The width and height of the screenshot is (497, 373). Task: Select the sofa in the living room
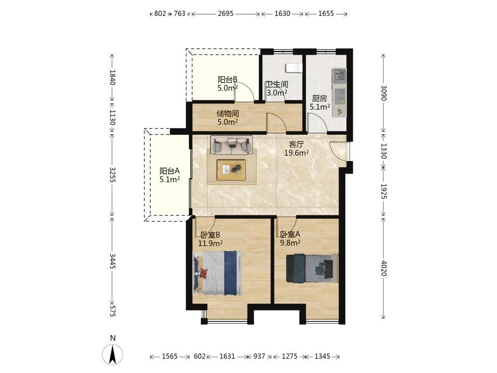tap(232, 145)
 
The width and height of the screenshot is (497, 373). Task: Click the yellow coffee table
tap(231, 170)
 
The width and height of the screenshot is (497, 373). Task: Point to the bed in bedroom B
tap(218, 273)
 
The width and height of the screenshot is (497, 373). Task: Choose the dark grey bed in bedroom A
tap(312, 268)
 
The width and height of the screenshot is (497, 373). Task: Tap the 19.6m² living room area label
tap(296, 153)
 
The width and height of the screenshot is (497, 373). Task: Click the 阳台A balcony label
tap(169, 171)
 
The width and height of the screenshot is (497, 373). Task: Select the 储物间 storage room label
tap(228, 113)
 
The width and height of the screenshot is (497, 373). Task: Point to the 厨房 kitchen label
tap(320, 98)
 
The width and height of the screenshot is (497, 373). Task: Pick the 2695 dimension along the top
tap(226, 13)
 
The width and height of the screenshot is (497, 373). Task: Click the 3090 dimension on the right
tap(384, 93)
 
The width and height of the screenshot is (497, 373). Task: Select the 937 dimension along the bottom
tap(259, 356)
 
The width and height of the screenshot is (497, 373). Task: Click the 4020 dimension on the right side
tap(384, 269)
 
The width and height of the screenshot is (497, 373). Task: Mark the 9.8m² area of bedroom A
tap(290, 243)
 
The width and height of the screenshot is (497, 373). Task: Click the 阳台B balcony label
tap(228, 79)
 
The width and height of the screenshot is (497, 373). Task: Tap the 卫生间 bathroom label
tap(277, 85)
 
